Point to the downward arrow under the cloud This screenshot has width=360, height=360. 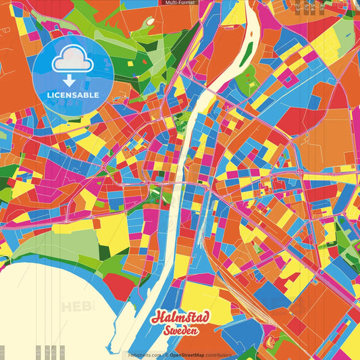(x=68, y=80)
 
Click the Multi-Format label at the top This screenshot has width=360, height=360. (x=180, y=3)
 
